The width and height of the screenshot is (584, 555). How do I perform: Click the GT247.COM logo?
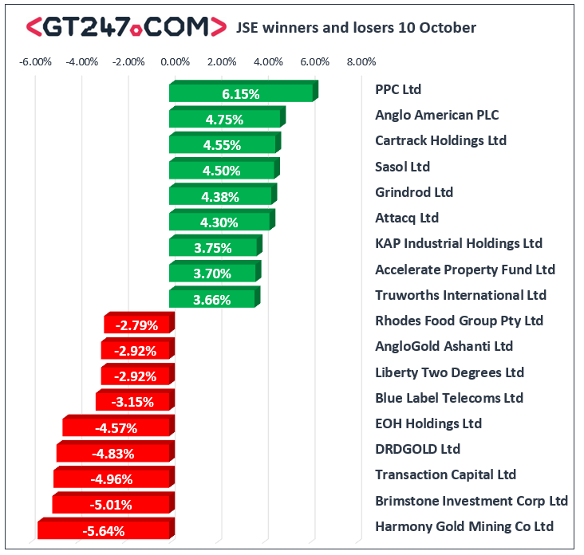click(x=126, y=27)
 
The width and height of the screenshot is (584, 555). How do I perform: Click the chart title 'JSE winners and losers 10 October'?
click(x=356, y=28)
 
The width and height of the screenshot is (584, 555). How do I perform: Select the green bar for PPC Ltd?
click(x=243, y=91)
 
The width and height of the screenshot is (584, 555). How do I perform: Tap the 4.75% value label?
click(x=224, y=120)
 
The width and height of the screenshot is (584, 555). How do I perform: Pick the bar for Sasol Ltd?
click(x=224, y=168)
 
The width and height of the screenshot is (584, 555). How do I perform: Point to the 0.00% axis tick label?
click(x=175, y=61)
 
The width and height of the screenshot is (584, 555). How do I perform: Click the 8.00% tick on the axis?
click(x=361, y=61)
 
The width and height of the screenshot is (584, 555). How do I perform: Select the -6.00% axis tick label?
click(x=35, y=61)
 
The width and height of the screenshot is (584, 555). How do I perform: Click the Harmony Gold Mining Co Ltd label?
click(x=464, y=527)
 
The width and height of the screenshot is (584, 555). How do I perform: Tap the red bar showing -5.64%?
click(x=106, y=528)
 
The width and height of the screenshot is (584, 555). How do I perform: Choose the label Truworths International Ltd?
click(x=460, y=295)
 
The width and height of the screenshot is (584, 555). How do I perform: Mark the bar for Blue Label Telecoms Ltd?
click(x=135, y=400)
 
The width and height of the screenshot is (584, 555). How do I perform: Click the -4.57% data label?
click(x=116, y=428)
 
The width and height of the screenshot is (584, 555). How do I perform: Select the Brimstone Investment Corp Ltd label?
click(x=472, y=501)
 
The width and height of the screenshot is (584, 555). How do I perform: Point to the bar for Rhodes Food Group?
click(x=140, y=322)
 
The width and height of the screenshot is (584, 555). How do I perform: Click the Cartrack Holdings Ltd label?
click(x=441, y=140)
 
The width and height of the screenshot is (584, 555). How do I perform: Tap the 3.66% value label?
click(x=212, y=300)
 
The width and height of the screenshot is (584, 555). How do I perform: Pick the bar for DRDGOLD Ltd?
click(x=116, y=451)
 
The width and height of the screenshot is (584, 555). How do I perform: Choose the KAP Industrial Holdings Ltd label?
click(x=459, y=243)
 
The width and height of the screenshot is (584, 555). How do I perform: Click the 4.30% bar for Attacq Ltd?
click(x=222, y=219)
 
